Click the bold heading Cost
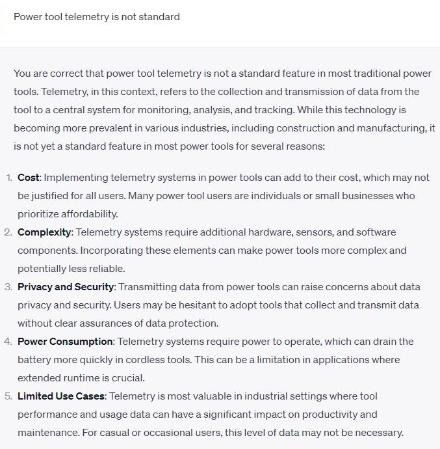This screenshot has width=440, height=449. pyautogui.click(x=29, y=178)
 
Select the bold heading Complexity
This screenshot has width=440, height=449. pyautogui.click(x=44, y=232)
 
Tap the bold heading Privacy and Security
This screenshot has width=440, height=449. pyautogui.click(x=66, y=287)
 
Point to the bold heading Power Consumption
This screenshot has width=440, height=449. pyautogui.click(x=65, y=342)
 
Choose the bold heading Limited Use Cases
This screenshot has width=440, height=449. pyautogui.click(x=61, y=396)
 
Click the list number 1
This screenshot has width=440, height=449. pyautogui.click(x=8, y=178)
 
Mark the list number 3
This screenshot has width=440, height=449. pyautogui.click(x=8, y=287)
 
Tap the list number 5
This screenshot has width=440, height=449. pyautogui.click(x=8, y=396)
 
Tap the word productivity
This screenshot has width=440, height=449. pyautogui.click(x=328, y=415)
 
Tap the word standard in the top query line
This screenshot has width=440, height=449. pyautogui.click(x=160, y=16)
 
